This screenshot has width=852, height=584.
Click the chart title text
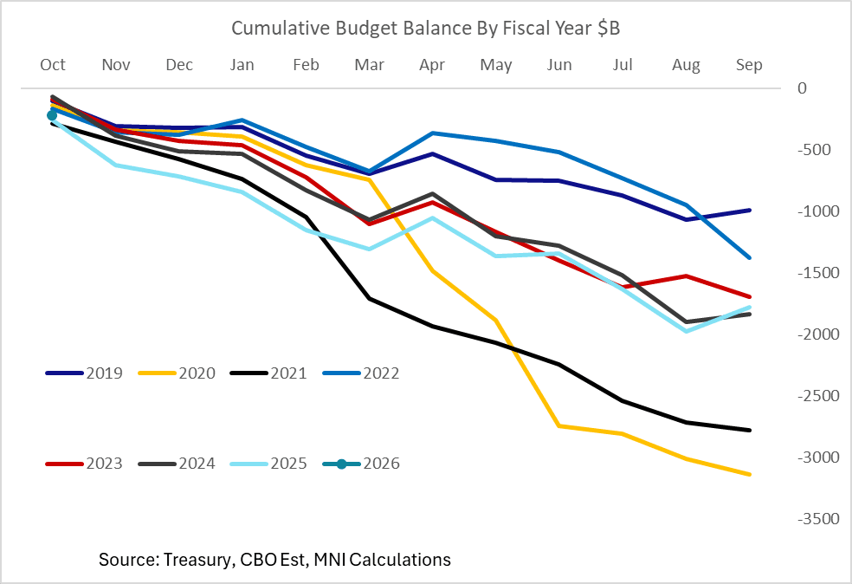425,29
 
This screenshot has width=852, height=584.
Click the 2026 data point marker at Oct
52,115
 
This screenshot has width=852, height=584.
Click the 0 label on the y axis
802,88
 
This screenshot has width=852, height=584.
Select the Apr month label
432,65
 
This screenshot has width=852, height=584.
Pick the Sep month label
749,65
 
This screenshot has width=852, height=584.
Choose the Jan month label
242,65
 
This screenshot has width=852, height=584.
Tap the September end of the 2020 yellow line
749,474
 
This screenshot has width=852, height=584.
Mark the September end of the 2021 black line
749,430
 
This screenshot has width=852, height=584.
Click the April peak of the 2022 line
432,133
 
